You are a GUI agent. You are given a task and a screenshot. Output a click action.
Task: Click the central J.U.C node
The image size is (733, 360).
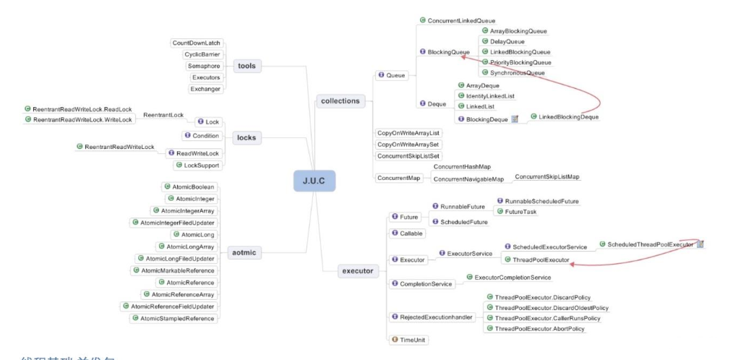314,180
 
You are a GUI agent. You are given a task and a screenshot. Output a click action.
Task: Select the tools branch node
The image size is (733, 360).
247,66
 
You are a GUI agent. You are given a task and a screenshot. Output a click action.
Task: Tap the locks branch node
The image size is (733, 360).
246,137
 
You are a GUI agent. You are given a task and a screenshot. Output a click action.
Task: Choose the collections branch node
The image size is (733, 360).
340,100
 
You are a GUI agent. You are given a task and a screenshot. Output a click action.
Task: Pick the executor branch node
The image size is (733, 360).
356,271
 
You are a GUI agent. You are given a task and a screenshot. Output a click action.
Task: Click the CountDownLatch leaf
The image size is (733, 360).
195,43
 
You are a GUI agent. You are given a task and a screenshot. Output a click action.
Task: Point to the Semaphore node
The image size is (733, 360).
204,66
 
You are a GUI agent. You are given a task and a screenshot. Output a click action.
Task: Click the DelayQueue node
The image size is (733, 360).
507,42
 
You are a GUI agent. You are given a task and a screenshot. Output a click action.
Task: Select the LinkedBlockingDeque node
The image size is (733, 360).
567,116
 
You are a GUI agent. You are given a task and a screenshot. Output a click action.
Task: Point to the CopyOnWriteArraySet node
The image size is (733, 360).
409,144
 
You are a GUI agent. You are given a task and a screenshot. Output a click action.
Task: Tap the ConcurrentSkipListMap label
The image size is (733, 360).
547,176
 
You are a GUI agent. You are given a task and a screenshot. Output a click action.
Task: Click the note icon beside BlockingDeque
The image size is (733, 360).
515,119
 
